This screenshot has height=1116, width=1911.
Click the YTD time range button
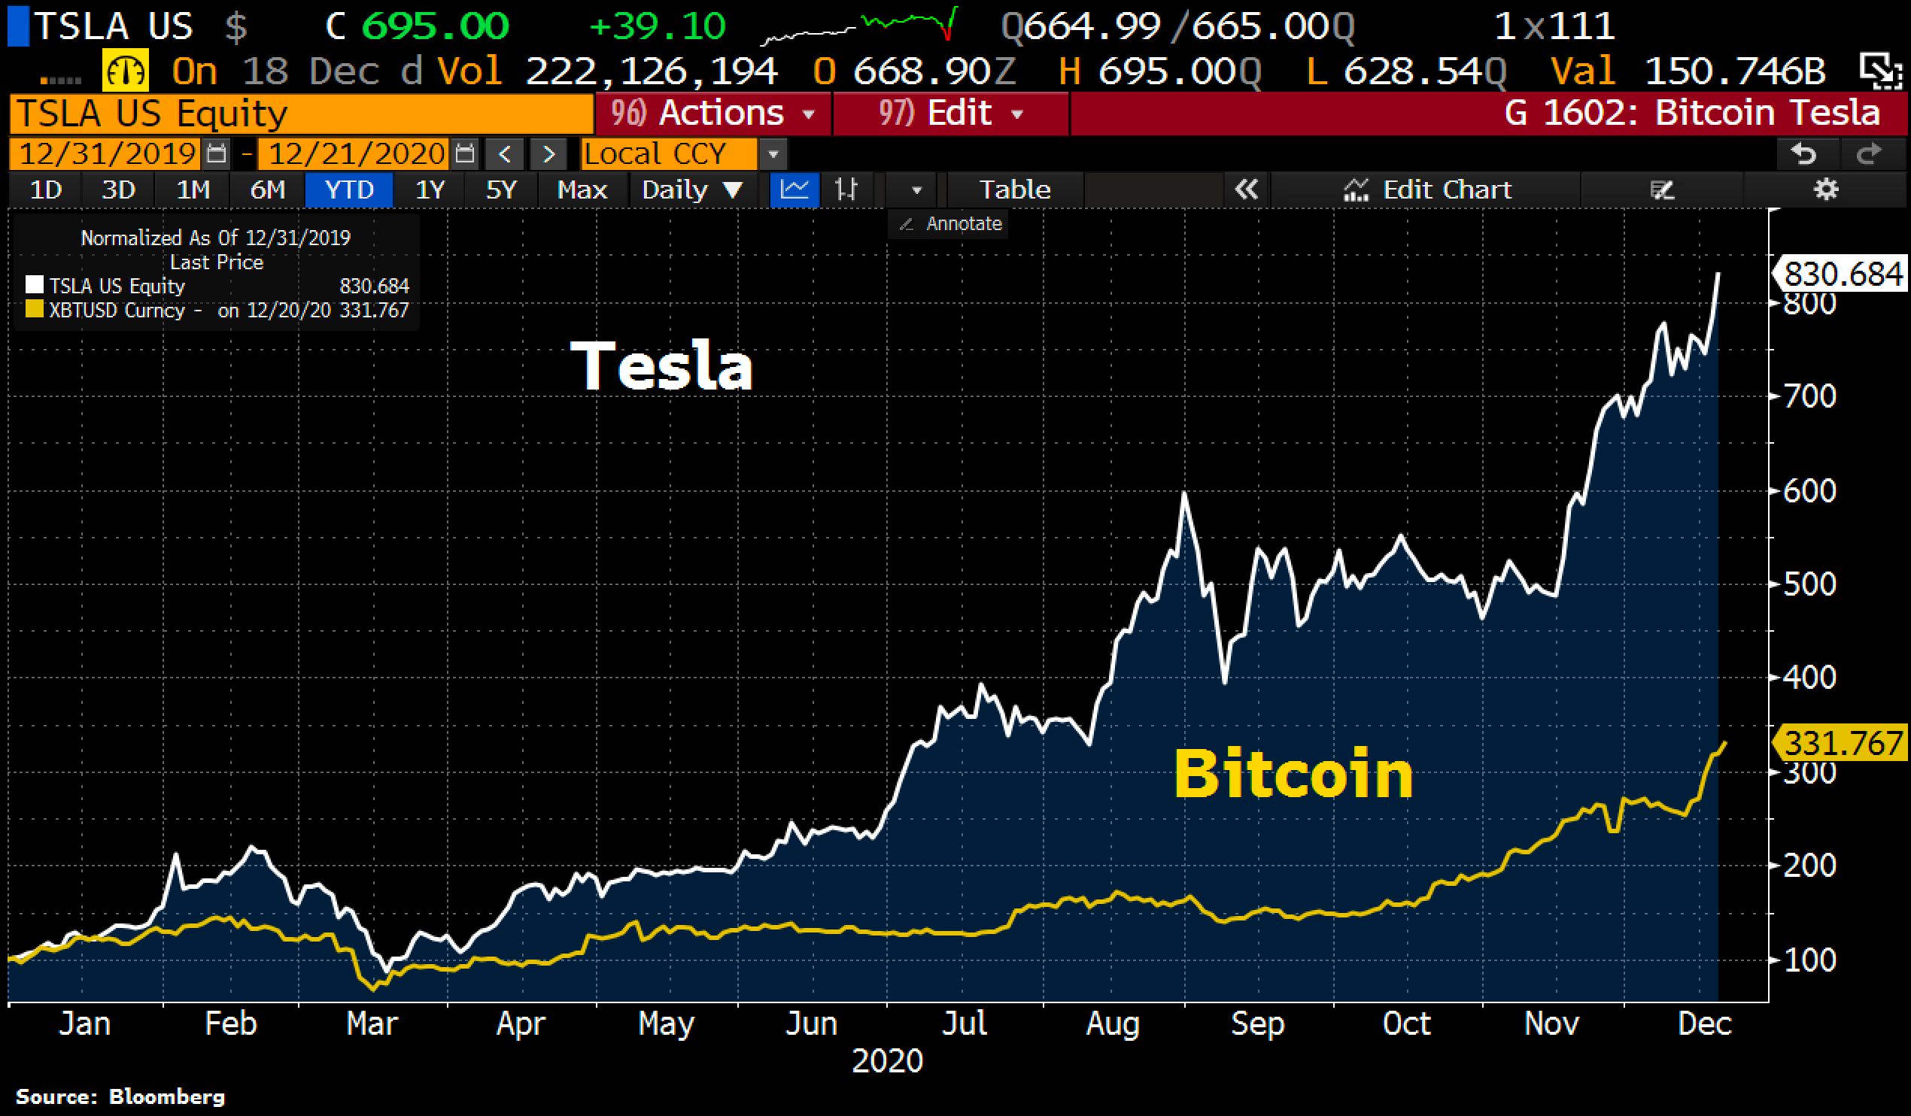[349, 190]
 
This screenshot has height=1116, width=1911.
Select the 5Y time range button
[500, 190]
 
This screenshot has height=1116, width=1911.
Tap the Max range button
[582, 190]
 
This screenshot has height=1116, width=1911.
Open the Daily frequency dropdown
[691, 190]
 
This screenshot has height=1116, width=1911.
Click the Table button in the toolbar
[1015, 190]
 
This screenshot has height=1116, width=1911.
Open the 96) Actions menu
[712, 114]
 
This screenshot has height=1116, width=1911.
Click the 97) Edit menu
[951, 114]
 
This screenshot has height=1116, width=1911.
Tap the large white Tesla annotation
[661, 366]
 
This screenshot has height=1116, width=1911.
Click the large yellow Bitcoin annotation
[1293, 774]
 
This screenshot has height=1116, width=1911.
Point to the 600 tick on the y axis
[1809, 491]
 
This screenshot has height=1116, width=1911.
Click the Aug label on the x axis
[1113, 1024]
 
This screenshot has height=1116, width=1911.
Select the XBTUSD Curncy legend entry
[117, 310]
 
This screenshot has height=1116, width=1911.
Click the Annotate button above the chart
[951, 223]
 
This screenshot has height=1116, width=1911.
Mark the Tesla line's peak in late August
[1183, 494]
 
